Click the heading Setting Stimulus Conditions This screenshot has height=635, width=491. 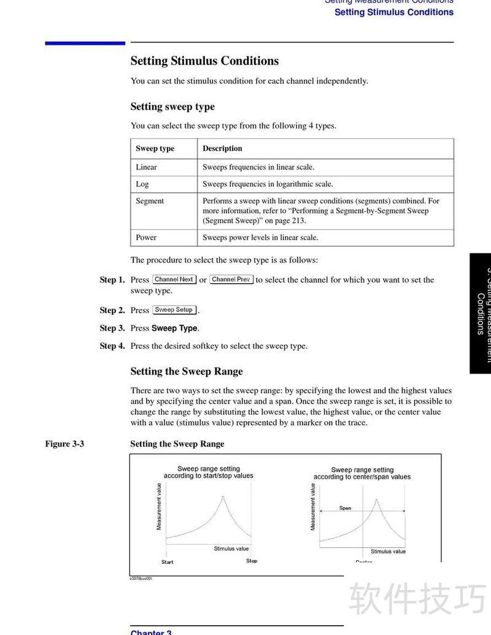[204, 61]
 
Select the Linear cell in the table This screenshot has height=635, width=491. [146, 167]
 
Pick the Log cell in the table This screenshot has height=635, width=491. [142, 184]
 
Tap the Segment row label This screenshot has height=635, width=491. [150, 201]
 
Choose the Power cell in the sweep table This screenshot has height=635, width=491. [146, 238]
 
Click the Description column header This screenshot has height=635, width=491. [222, 149]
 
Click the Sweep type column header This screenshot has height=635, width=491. [155, 149]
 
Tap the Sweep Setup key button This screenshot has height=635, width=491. [174, 310]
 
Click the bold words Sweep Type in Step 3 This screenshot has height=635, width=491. [174, 328]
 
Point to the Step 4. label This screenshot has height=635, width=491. [112, 346]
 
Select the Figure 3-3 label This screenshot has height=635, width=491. [64, 444]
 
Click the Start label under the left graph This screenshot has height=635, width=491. [168, 562]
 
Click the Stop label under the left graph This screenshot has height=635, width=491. [252, 561]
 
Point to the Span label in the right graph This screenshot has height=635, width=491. [346, 508]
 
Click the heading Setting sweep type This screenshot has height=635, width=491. [172, 107]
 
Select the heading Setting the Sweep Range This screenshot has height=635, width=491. [187, 372]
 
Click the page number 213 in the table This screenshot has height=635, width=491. [297, 220]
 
